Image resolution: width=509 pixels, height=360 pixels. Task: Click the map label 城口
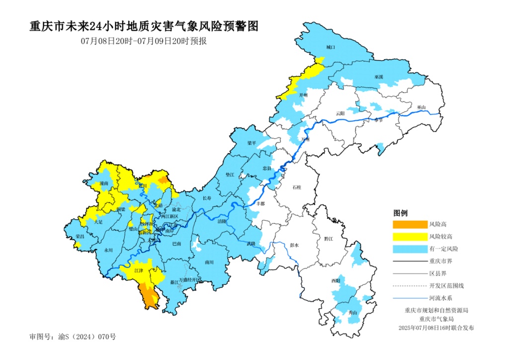coord(331,47)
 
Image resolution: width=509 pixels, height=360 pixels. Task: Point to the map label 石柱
coord(297,187)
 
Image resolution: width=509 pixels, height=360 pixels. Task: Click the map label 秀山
coord(353,313)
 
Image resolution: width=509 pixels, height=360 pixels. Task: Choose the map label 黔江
coord(328,239)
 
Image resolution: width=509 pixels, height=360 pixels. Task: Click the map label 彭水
coord(294,245)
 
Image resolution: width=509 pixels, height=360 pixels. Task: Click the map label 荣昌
coord(80,236)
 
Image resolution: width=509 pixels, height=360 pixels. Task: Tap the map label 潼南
coord(103,183)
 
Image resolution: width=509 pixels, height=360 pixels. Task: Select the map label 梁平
coord(253,143)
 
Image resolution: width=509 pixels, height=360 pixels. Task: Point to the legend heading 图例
coord(400,213)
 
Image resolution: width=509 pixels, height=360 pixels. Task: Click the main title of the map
coord(144,26)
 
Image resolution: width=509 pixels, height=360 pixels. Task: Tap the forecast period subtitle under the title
coord(144,41)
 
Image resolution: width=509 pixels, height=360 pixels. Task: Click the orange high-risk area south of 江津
coord(149,296)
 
